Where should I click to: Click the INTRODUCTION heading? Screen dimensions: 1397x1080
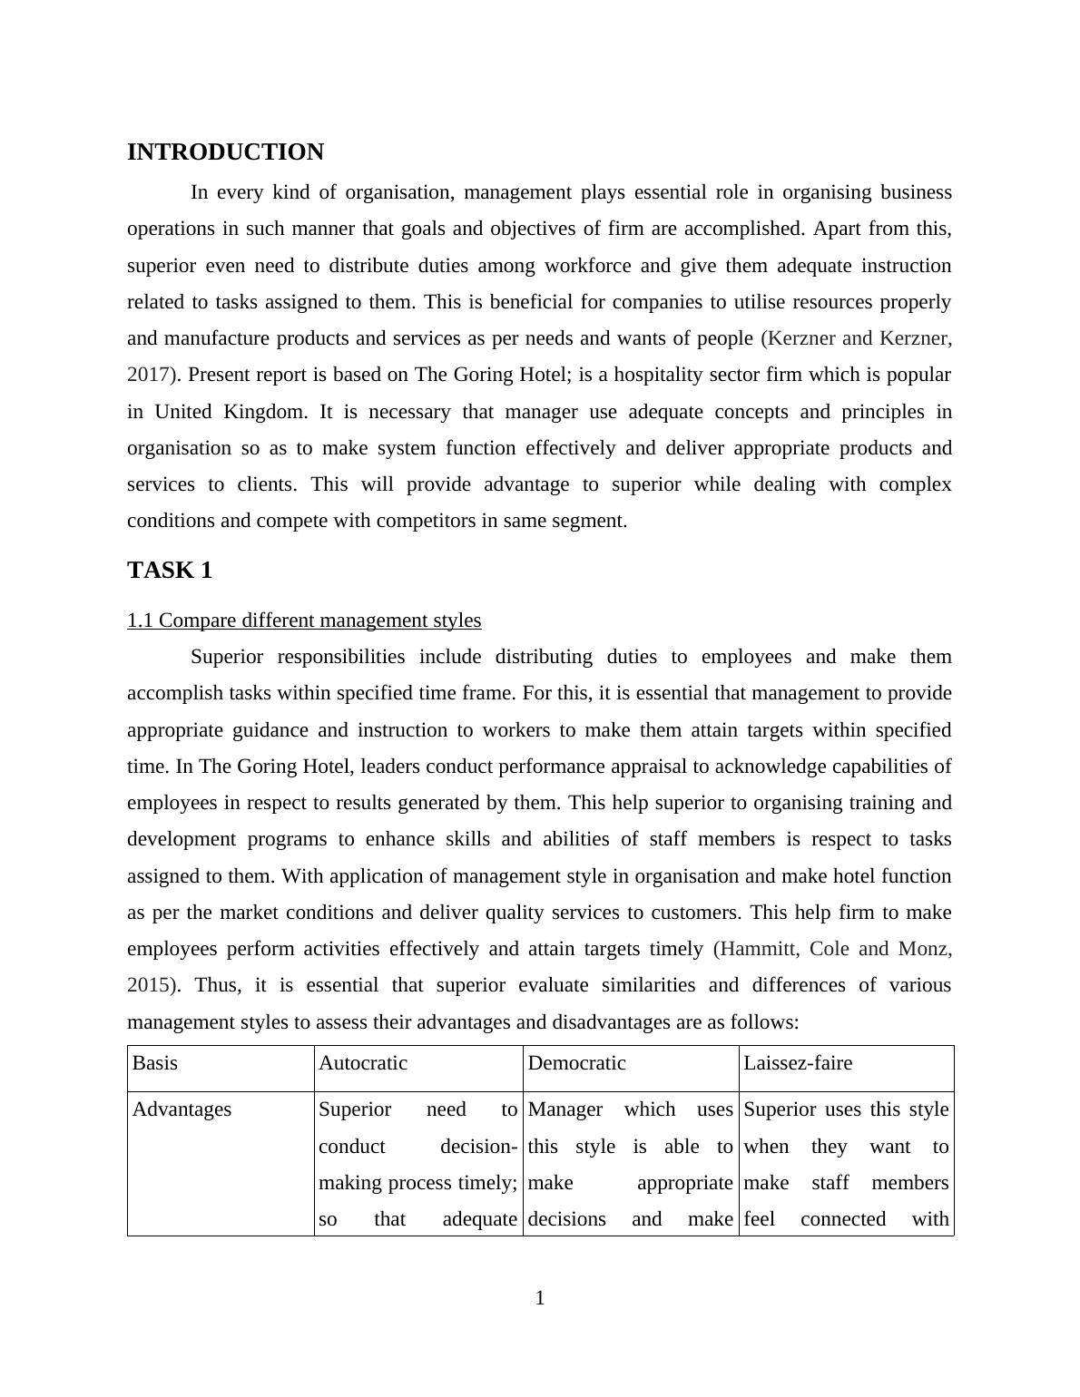click(225, 152)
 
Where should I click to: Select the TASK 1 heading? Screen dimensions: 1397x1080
click(170, 571)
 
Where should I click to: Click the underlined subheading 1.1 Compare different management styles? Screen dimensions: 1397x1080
click(304, 620)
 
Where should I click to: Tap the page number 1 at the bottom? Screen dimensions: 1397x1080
click(540, 1298)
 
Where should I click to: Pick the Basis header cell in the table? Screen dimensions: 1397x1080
click(155, 1063)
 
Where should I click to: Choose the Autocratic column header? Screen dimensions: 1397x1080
click(363, 1063)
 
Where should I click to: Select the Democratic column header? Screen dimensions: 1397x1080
click(576, 1063)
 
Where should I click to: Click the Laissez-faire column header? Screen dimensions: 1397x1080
click(798, 1063)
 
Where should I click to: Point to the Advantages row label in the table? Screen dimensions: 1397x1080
click(182, 1109)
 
